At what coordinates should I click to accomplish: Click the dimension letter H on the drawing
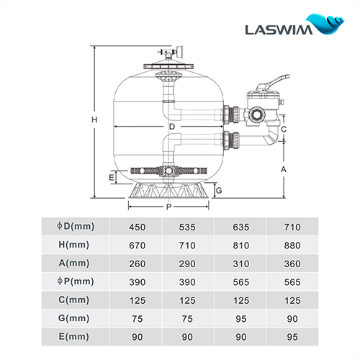tap(86, 120)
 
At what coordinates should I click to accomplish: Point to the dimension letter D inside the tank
tap(172, 127)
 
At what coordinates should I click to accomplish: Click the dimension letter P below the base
tap(168, 207)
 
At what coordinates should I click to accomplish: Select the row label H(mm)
tap(75, 246)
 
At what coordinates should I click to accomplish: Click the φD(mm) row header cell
tap(75, 228)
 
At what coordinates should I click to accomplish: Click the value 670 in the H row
tap(137, 246)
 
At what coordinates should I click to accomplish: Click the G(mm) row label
tap(75, 318)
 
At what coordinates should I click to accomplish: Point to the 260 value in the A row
tap(137, 264)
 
